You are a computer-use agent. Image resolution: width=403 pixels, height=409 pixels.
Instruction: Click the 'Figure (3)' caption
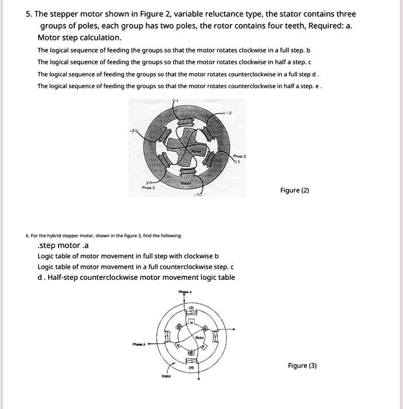(x=302, y=366)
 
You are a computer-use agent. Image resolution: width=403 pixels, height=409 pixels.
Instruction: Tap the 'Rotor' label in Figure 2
(x=196, y=151)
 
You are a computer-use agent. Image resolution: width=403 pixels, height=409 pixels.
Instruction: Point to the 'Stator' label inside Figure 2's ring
(x=185, y=182)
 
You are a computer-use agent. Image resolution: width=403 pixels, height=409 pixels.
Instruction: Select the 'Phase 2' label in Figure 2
(x=240, y=157)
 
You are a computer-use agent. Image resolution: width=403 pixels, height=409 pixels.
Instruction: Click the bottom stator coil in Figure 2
(x=186, y=171)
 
